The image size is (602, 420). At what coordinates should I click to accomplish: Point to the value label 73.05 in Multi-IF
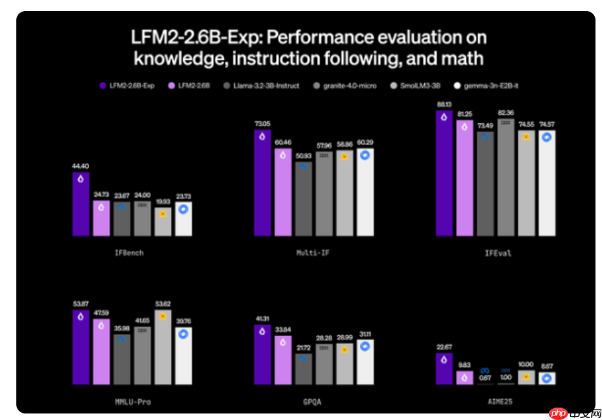click(262, 123)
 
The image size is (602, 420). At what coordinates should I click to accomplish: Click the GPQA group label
click(312, 401)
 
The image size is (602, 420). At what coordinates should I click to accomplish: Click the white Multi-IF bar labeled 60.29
click(365, 192)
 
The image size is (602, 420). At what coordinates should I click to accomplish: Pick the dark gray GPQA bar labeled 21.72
click(303, 369)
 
